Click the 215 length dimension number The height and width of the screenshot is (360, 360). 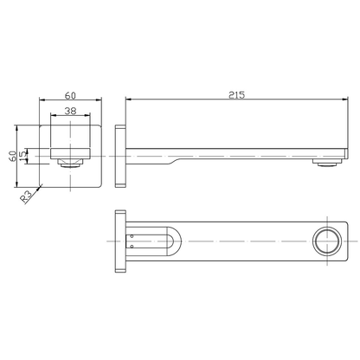[236, 94]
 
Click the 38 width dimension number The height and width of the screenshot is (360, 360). [72, 112]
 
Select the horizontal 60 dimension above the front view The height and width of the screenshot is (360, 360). [72, 96]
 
